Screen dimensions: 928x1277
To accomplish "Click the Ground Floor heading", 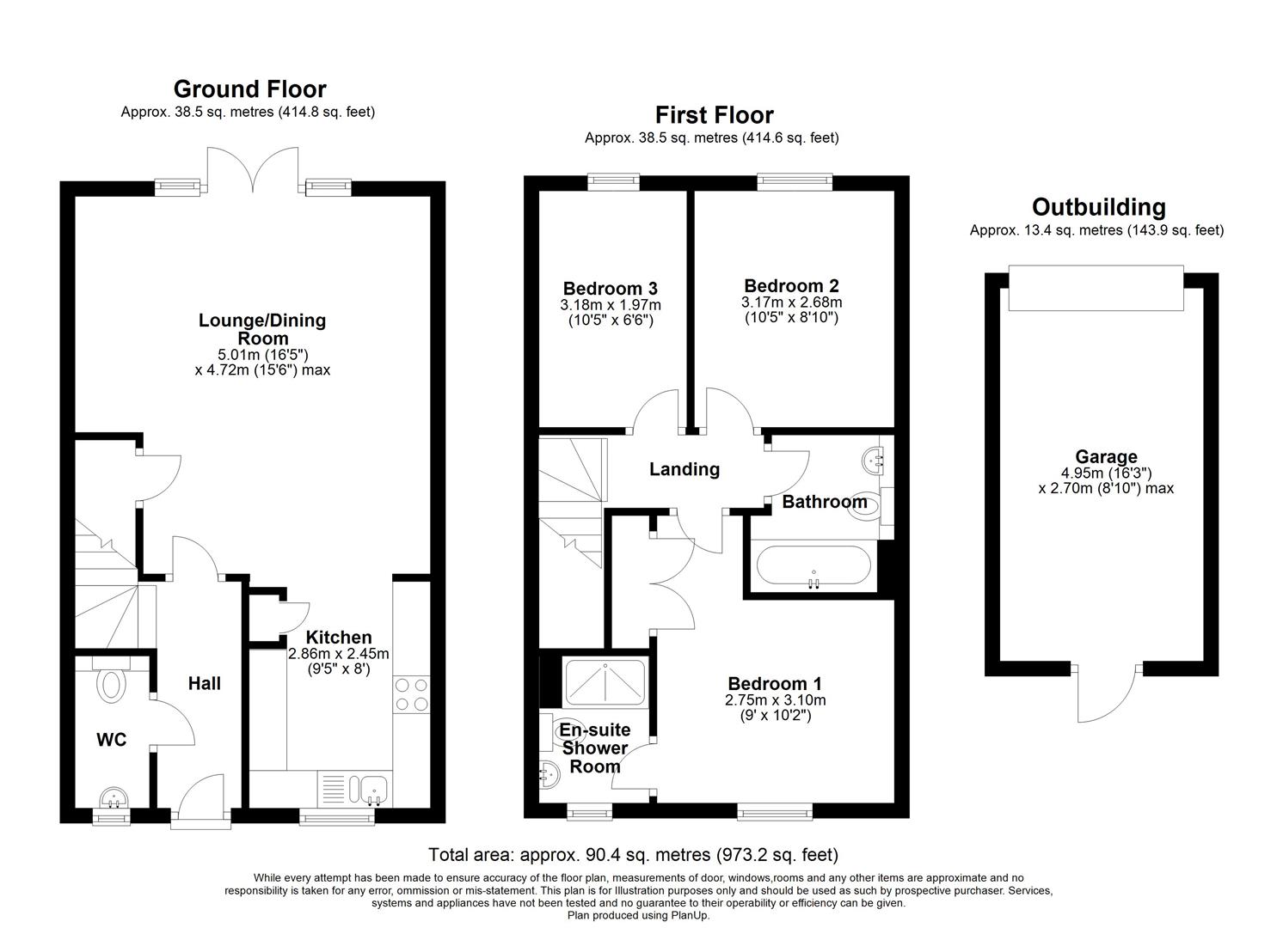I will (249, 89).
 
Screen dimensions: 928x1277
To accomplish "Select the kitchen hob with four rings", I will (411, 695).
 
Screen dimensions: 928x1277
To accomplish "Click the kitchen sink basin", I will (372, 786).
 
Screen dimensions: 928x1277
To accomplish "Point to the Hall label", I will (205, 683).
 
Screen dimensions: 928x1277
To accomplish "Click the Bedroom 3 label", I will (610, 289).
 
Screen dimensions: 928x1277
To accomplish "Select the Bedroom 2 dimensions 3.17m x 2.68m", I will (791, 302).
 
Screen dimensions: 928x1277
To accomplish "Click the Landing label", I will (684, 469).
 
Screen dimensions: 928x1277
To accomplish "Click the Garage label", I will (1106, 457).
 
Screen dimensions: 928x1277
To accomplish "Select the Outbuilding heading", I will (1098, 207).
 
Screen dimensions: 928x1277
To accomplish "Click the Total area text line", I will (633, 855).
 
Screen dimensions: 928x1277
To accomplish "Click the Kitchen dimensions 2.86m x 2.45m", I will (339, 653).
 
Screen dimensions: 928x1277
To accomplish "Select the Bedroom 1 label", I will (774, 684).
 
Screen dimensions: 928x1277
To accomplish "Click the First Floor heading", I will (714, 115).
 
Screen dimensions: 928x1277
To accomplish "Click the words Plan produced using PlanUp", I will (638, 915).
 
